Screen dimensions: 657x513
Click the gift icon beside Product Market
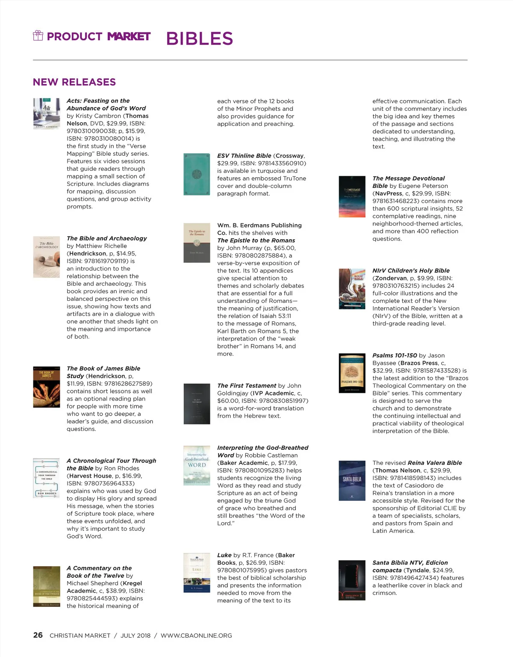(38, 36)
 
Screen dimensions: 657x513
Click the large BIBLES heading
(199, 39)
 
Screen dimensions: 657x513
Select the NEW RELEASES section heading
(74, 82)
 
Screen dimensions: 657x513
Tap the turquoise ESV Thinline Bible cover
(197, 174)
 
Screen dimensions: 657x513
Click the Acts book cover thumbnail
(47, 114)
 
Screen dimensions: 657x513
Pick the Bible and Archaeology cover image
(47, 257)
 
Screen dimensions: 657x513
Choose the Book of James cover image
(47, 387)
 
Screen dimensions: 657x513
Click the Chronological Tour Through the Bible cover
(47, 478)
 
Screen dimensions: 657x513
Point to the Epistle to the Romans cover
(197, 243)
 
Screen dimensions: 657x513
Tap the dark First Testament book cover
(197, 404)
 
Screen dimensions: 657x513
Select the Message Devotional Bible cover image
(352, 197)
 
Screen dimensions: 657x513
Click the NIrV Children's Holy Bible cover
(352, 289)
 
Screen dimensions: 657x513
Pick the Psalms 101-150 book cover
(352, 373)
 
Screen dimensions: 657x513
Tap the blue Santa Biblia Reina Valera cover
(352, 481)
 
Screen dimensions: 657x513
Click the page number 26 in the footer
(38, 635)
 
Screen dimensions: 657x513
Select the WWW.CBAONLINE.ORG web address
(196, 636)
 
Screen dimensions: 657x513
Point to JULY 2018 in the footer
(136, 636)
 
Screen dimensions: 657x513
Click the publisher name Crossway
(289, 156)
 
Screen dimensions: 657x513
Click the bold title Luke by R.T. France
(224, 555)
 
